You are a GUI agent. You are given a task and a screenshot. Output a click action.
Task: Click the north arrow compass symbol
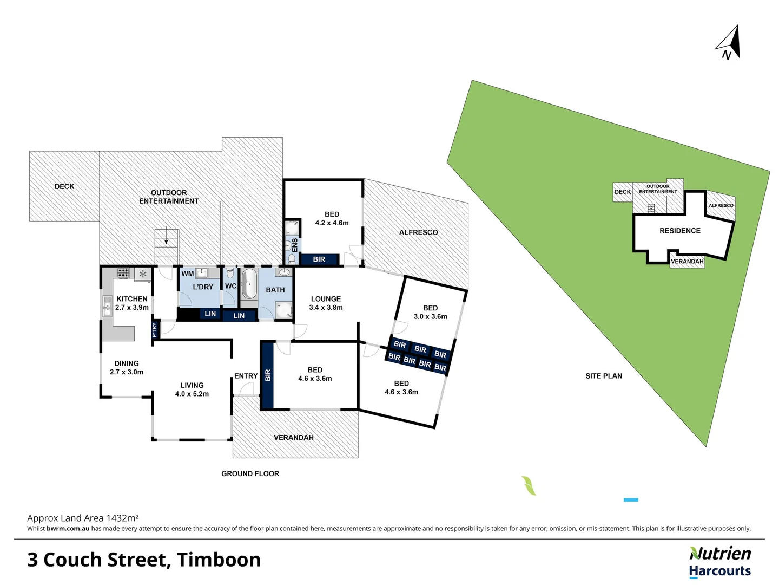[729, 43]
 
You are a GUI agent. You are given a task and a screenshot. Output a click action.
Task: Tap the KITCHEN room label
[132, 299]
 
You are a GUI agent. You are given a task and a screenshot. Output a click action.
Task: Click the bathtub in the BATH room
[249, 284]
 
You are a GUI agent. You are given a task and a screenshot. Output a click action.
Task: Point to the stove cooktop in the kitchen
[123, 272]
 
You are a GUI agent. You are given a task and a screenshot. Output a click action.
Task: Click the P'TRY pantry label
[155, 329]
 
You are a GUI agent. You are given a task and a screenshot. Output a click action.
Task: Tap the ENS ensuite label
[295, 244]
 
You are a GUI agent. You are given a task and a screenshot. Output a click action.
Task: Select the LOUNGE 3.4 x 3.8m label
[326, 303]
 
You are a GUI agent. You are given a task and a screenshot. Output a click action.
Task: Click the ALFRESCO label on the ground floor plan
[418, 232]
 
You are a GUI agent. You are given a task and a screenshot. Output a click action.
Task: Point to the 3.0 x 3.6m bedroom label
[430, 313]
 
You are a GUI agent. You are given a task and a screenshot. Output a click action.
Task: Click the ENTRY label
[246, 376]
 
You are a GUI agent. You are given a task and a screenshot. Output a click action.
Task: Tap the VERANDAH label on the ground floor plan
[294, 438]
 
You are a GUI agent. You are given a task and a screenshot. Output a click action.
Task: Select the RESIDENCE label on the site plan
[679, 231]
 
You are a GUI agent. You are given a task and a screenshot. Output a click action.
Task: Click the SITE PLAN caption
[604, 376]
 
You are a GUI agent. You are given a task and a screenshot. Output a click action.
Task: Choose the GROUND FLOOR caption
[250, 473]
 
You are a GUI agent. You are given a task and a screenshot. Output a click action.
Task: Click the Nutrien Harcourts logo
[720, 562]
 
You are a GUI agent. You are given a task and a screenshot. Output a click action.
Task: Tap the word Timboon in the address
[219, 560]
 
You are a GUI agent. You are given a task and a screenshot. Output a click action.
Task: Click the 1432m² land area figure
[122, 518]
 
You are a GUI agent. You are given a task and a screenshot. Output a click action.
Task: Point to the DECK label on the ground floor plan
[64, 186]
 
